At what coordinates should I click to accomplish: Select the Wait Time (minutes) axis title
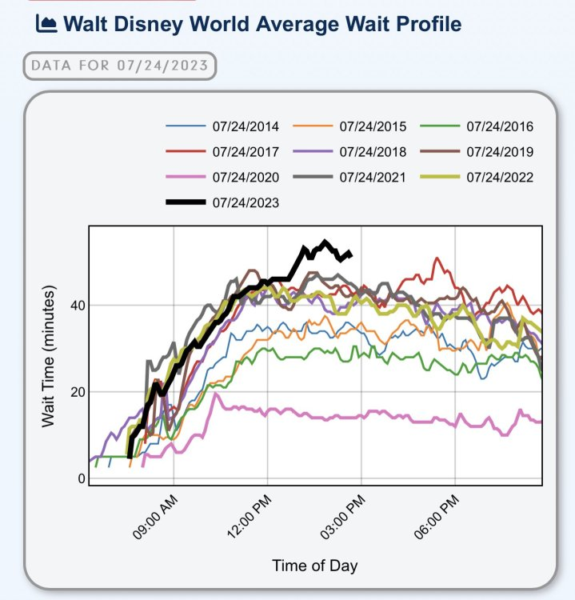pyautogui.click(x=49, y=354)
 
